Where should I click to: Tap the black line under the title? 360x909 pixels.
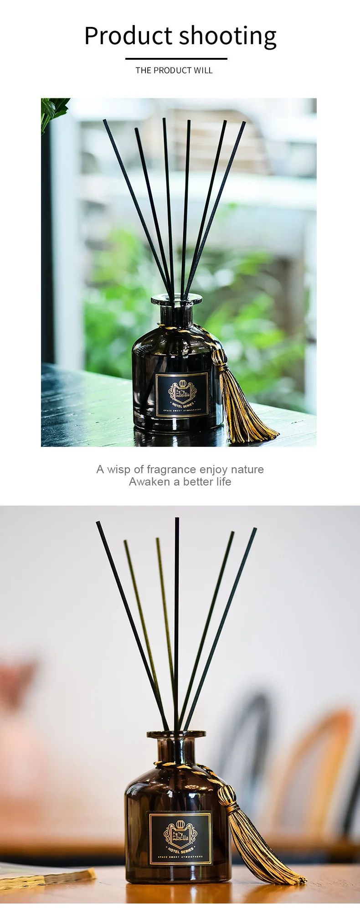pyautogui.click(x=176, y=59)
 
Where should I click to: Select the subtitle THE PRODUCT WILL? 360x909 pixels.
pyautogui.click(x=174, y=70)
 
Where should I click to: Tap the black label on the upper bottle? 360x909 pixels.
pyautogui.click(x=182, y=395)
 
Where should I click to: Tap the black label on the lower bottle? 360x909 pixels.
pyautogui.click(x=180, y=837)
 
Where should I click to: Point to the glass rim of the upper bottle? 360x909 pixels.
pyautogui.click(x=176, y=299)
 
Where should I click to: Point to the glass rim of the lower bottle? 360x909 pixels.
pyautogui.click(x=176, y=734)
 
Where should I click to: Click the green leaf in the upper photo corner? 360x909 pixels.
pyautogui.click(x=54, y=109)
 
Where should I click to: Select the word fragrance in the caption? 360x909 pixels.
pyautogui.click(x=171, y=469)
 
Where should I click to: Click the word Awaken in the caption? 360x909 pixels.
pyautogui.click(x=149, y=482)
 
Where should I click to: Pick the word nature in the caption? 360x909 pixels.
pyautogui.click(x=247, y=469)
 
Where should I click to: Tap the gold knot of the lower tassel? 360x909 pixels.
pyautogui.click(x=226, y=795)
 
